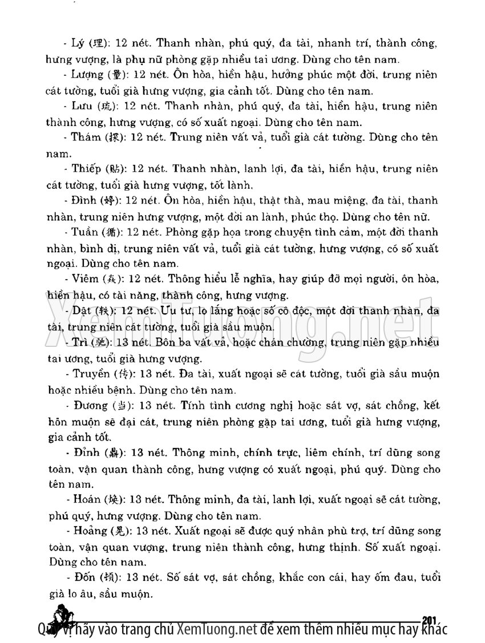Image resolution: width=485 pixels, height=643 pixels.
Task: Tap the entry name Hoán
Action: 87,499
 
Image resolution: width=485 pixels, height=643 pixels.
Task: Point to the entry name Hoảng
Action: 89,531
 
